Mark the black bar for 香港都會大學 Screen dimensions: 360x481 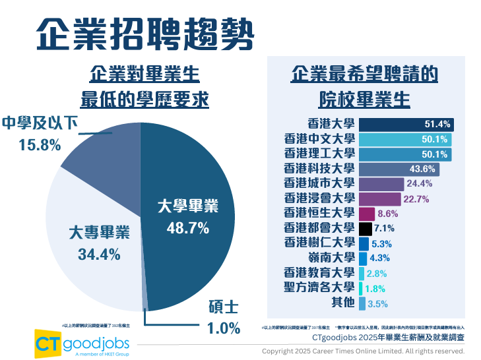pos(365,229)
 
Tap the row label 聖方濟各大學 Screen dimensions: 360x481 pos(319,287)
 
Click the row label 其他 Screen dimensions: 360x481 pos(342,303)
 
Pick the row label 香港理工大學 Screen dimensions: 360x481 pos(319,154)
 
